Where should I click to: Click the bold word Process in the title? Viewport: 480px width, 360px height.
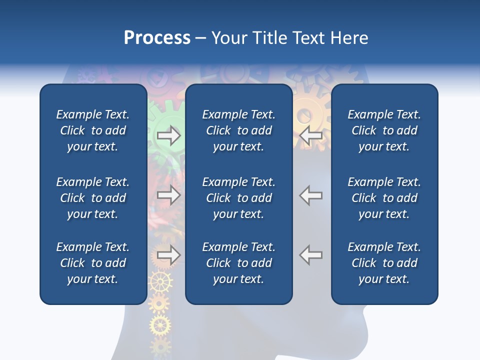[x=157, y=38]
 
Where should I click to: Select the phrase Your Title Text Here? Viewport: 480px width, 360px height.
[x=289, y=38]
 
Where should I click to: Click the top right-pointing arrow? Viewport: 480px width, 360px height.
[x=168, y=135]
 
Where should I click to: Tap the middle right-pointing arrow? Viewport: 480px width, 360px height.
[x=168, y=195]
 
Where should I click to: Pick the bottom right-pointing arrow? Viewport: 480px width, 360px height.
[x=168, y=255]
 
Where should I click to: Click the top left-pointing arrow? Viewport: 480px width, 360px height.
[x=311, y=135]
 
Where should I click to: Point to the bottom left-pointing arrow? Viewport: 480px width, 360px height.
[x=311, y=255]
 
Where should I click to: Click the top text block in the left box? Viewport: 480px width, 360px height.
[x=93, y=130]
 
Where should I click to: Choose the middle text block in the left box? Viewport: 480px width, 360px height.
[x=93, y=198]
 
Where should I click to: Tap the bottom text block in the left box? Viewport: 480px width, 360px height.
[x=93, y=263]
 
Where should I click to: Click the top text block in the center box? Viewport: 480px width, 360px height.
[x=238, y=130]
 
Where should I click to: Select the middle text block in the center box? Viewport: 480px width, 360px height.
[x=238, y=198]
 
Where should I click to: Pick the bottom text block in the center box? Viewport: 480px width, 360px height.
[x=238, y=263]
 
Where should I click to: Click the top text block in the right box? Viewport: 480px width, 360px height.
[x=384, y=130]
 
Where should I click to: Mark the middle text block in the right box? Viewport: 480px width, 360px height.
[x=384, y=198]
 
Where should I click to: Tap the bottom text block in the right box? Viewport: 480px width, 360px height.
[x=384, y=263]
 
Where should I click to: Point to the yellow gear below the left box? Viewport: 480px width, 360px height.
[x=160, y=326]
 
